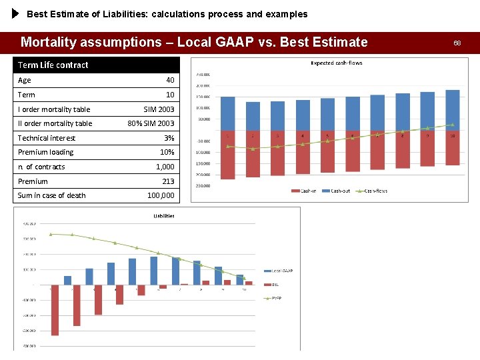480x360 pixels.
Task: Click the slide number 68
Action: coord(457,43)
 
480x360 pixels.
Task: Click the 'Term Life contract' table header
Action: coord(53,65)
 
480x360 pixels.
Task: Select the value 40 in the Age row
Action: coord(170,80)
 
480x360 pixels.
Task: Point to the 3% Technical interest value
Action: coord(169,138)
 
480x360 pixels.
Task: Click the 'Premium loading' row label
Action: coord(46,152)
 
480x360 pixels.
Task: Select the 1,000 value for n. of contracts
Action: coord(165,167)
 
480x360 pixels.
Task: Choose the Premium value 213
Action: coord(168,181)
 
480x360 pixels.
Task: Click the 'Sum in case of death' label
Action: coord(52,195)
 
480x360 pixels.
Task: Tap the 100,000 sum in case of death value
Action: coord(161,195)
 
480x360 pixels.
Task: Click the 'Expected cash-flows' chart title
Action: coord(337,63)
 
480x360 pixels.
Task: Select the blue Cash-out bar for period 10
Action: coord(453,110)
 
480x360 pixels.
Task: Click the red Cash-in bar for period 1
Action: coord(228,155)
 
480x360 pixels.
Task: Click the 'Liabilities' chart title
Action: coord(164,215)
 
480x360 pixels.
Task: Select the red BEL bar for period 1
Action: coord(55,310)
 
